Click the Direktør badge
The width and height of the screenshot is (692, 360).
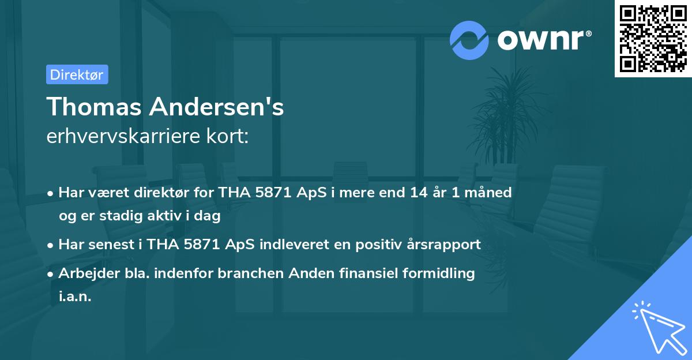(x=77, y=74)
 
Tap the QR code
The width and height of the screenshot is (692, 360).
(x=653, y=38)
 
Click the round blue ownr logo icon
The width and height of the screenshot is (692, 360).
(x=469, y=40)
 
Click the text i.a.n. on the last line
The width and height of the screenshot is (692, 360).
(x=75, y=297)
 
